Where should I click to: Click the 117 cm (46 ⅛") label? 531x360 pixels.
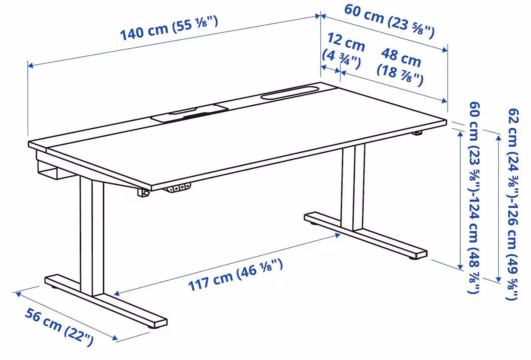tap(235, 275)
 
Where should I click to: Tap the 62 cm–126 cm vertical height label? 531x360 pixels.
tap(512, 203)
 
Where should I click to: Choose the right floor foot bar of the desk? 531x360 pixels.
tap(365, 235)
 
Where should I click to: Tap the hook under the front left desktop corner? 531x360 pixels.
tap(143, 193)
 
